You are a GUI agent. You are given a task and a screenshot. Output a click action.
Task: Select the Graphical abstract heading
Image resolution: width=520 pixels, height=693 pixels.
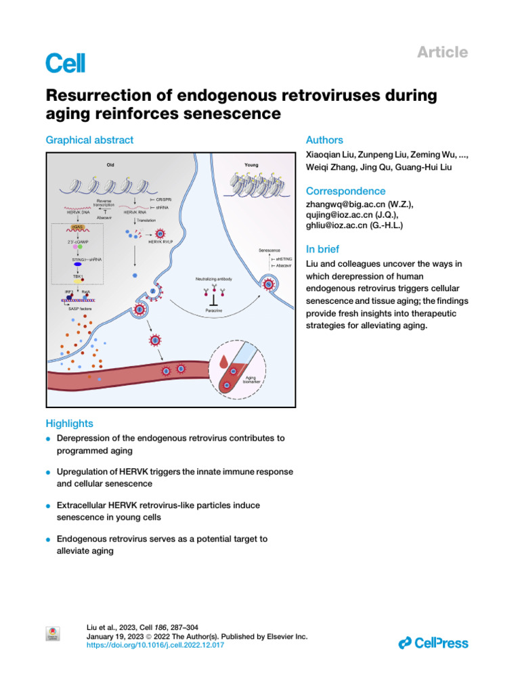tap(89, 140)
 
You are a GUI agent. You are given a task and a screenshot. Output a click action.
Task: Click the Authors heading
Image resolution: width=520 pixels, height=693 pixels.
tap(325, 140)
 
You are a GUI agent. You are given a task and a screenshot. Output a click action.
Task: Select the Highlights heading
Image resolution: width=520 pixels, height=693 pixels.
tap(69, 424)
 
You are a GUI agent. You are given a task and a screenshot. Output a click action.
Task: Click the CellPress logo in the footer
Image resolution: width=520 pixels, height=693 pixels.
tap(433, 643)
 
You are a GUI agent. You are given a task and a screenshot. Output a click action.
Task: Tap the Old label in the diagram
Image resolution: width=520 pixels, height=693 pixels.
tap(110, 164)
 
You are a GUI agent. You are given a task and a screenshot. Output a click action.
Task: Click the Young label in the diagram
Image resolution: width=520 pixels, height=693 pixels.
tap(251, 164)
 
